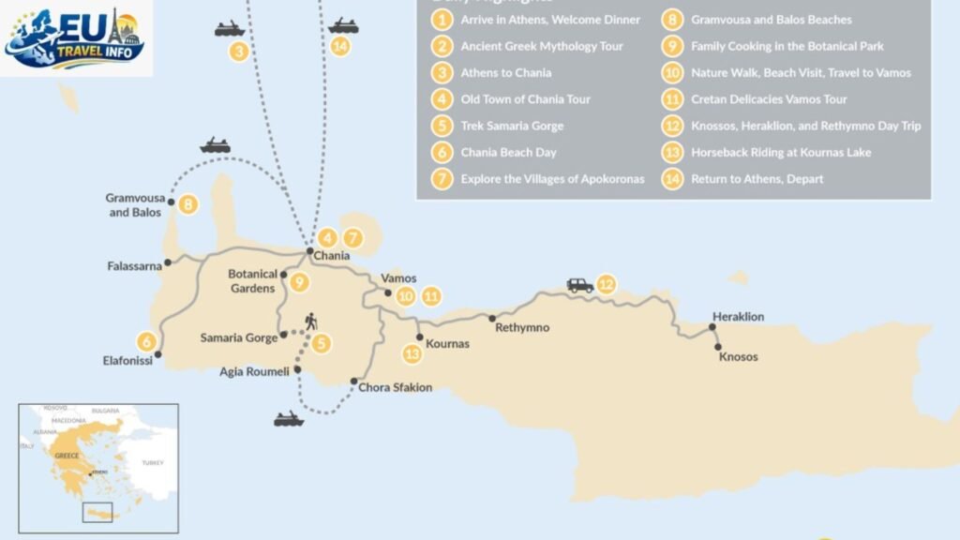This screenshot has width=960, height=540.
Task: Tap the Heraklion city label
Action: tap(738, 317)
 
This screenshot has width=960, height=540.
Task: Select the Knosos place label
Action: tap(738, 357)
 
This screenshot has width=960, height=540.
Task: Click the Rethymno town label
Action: tap(522, 328)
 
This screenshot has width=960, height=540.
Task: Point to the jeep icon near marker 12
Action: tap(580, 285)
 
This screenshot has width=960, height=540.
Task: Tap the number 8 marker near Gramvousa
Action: tap(187, 203)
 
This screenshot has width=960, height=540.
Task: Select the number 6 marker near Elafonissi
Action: tap(146, 341)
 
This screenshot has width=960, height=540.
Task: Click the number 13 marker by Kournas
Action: tap(412, 353)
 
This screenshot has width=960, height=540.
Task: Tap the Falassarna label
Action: tap(135, 266)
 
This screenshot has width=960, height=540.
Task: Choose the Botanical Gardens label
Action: tap(253, 281)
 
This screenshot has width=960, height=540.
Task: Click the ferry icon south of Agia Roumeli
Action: tap(289, 419)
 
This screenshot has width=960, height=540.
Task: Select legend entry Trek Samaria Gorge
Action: tap(512, 126)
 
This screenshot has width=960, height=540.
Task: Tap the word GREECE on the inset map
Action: tap(67, 455)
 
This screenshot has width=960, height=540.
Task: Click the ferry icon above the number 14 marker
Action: tap(343, 25)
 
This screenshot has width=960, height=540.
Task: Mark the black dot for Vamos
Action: tap(389, 293)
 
